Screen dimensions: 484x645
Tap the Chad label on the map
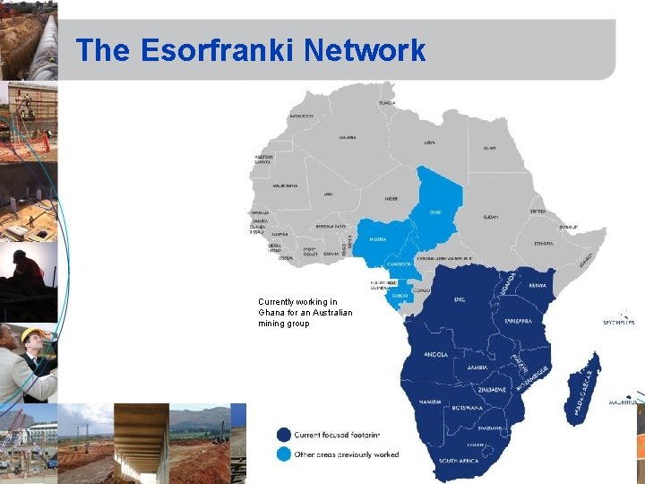click(435, 212)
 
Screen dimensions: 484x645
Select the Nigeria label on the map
click(378, 240)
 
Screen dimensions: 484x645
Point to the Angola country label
click(434, 354)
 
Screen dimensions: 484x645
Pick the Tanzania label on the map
click(518, 321)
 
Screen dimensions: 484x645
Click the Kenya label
click(537, 286)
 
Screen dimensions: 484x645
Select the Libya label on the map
click(430, 142)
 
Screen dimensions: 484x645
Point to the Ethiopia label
click(544, 243)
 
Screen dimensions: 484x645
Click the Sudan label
click(491, 217)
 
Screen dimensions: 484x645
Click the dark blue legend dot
click(283, 435)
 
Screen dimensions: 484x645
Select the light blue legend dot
click(283, 454)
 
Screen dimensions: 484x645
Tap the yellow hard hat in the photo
click(31, 334)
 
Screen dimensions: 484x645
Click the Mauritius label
click(627, 402)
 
